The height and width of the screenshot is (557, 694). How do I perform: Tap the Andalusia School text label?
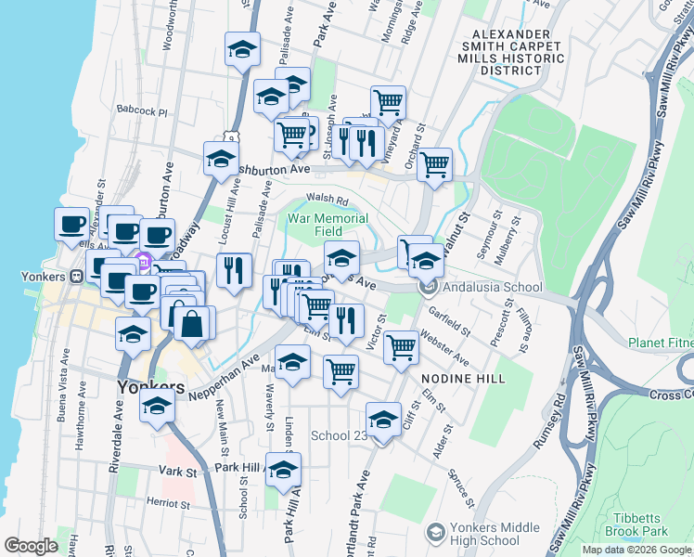(x=493, y=288)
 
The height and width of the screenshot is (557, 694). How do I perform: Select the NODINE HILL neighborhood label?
(x=463, y=379)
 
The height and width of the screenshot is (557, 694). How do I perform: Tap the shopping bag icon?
(x=192, y=325)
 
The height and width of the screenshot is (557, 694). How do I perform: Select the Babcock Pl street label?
(x=142, y=110)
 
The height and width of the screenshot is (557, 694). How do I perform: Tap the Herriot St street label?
(x=167, y=502)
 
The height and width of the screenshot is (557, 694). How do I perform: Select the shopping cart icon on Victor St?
(x=401, y=347)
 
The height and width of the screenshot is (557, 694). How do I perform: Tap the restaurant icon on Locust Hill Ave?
(x=234, y=270)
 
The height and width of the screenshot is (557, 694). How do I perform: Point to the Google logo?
(x=31, y=546)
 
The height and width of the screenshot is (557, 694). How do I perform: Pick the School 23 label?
(x=338, y=435)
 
